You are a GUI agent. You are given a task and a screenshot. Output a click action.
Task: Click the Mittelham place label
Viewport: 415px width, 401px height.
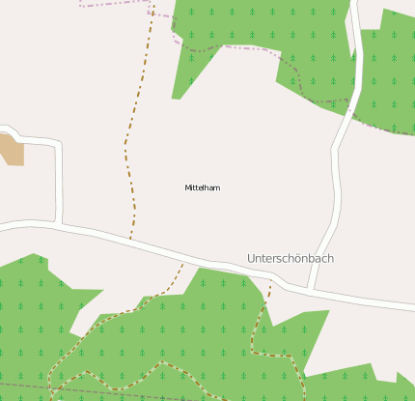point(203,187)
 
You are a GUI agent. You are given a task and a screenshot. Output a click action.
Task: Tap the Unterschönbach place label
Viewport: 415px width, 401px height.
point(290,259)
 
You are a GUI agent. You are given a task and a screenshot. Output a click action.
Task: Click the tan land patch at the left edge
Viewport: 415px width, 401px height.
point(11,149)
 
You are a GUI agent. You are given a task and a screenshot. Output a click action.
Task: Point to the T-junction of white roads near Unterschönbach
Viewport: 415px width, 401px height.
point(310,289)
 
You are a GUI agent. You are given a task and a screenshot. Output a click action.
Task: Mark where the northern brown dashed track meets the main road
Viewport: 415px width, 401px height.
point(130,238)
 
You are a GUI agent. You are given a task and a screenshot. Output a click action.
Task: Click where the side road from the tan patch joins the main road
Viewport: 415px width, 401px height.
point(62,225)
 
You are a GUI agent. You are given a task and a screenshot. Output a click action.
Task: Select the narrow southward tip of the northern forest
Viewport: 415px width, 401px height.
point(177,95)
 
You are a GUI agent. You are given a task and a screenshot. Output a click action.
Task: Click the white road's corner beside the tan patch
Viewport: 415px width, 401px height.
point(59,144)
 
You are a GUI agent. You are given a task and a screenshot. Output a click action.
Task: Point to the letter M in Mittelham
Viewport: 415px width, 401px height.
point(187,187)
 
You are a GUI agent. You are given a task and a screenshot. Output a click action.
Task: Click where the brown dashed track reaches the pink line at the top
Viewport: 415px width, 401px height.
point(152,5)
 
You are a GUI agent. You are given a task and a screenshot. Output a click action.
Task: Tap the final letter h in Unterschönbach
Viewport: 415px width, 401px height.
point(330,259)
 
